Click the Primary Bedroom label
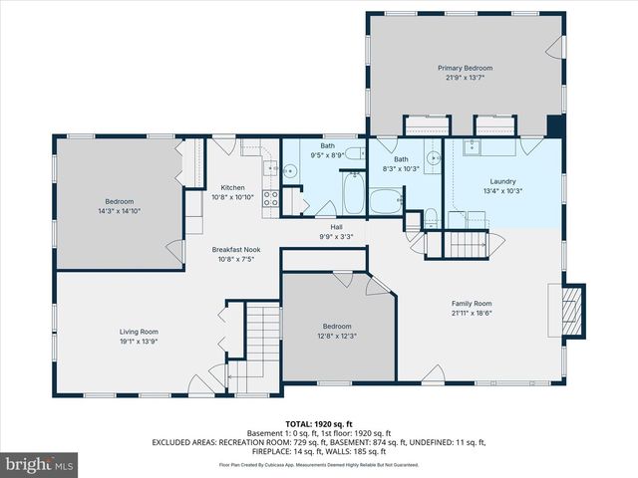(466, 68)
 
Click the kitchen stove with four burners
(270, 197)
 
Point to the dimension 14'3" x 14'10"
(119, 211)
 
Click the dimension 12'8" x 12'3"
(336, 336)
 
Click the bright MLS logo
(40, 464)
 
